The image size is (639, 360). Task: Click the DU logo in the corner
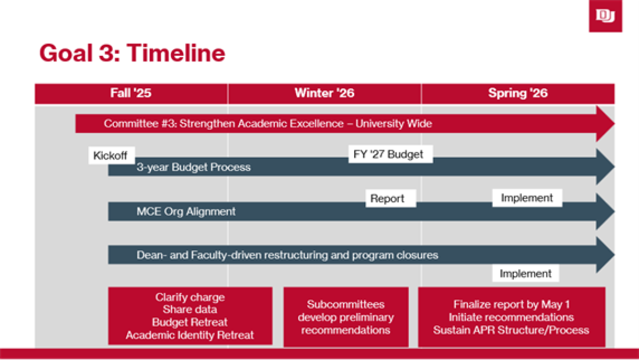tap(605, 16)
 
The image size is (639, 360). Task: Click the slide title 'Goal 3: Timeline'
tap(132, 53)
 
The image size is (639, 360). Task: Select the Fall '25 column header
tap(131, 93)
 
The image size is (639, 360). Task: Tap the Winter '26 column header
tap(324, 93)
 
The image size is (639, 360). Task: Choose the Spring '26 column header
tap(518, 93)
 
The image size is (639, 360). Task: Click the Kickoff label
tap(110, 156)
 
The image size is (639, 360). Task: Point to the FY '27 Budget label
tap(388, 154)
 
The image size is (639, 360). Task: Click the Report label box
tap(387, 199)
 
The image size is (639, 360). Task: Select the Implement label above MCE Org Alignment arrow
tap(527, 198)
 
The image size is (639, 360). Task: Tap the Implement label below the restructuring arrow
tap(526, 274)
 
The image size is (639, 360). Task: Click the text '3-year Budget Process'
tap(193, 167)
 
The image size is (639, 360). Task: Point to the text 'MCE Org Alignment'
tap(186, 211)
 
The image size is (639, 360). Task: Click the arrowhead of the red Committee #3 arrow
tap(606, 124)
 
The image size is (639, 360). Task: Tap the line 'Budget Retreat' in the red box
tap(190, 322)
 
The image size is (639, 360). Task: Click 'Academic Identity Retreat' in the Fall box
tap(190, 335)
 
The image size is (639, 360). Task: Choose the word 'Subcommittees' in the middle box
tap(346, 305)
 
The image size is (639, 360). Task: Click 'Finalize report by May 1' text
tap(511, 305)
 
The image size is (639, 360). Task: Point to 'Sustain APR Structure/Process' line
tap(511, 330)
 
